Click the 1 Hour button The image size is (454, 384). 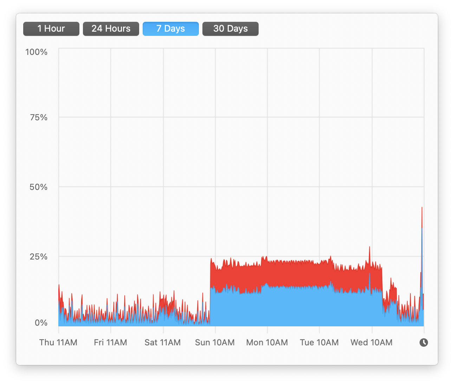pos(51,28)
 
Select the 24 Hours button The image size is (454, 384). pos(111,28)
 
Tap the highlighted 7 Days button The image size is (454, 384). pos(171,28)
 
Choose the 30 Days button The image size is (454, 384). pos(231,28)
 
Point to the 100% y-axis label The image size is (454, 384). pos(36,52)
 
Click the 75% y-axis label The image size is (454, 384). pos(39,117)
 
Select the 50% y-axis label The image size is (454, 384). pos(38,187)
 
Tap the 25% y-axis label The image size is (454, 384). pos(38,256)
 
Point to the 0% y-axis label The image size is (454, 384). pos(41,323)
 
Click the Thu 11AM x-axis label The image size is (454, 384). pos(58,343)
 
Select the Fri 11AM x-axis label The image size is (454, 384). pos(110,343)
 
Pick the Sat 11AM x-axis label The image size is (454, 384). pos(163,343)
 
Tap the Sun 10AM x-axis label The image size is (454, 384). pos(215,343)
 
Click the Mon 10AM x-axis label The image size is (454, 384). pos(267,343)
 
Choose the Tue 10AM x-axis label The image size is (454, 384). pos(319,343)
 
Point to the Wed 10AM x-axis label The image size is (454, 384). pos(371,343)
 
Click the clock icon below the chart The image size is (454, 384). pos(424,343)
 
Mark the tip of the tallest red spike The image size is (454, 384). pos(422,207)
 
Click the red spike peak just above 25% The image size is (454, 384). pos(369,247)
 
